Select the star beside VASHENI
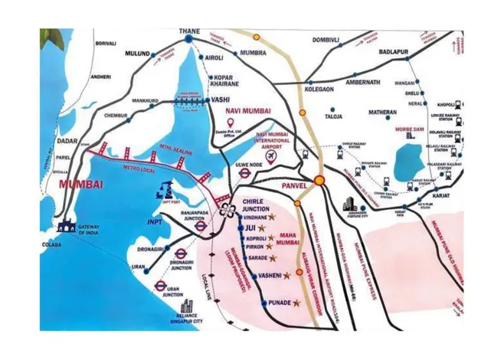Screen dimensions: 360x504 [287, 275]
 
